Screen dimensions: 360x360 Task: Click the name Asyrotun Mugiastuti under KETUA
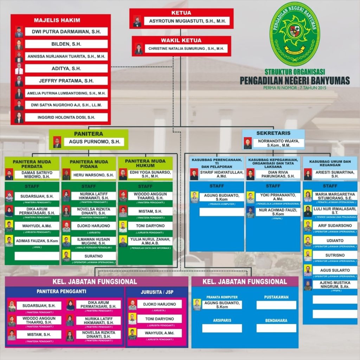pyautogui.click(x=187, y=21)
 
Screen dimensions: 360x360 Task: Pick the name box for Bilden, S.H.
pyautogui.click(x=66, y=44)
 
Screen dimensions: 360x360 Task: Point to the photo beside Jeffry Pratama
pyautogui.click(x=19, y=81)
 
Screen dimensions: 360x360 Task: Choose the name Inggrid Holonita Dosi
pyautogui.click(x=66, y=117)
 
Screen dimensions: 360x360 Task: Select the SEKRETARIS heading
pyautogui.click(x=273, y=133)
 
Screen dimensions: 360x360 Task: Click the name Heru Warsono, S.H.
pyautogui.click(x=93, y=175)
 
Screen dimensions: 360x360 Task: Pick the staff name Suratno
pyautogui.click(x=93, y=256)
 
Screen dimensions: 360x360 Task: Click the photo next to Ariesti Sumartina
pyautogui.click(x=308, y=174)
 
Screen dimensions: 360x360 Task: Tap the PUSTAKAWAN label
pyautogui.click(x=276, y=297)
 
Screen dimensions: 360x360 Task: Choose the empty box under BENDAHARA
pyautogui.click(x=276, y=328)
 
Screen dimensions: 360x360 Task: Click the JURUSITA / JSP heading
pyautogui.click(x=157, y=292)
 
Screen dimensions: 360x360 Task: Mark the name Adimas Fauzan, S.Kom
pyautogui.click(x=37, y=241)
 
